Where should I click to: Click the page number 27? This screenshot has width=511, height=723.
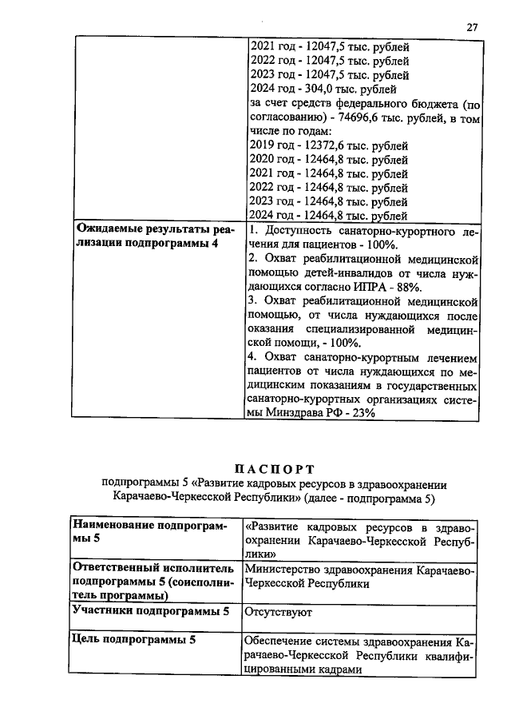[472, 27]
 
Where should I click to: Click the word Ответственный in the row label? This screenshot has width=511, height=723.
[119, 568]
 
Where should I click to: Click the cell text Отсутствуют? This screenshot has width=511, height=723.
[278, 612]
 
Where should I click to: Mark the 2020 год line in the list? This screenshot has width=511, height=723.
[329, 160]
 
